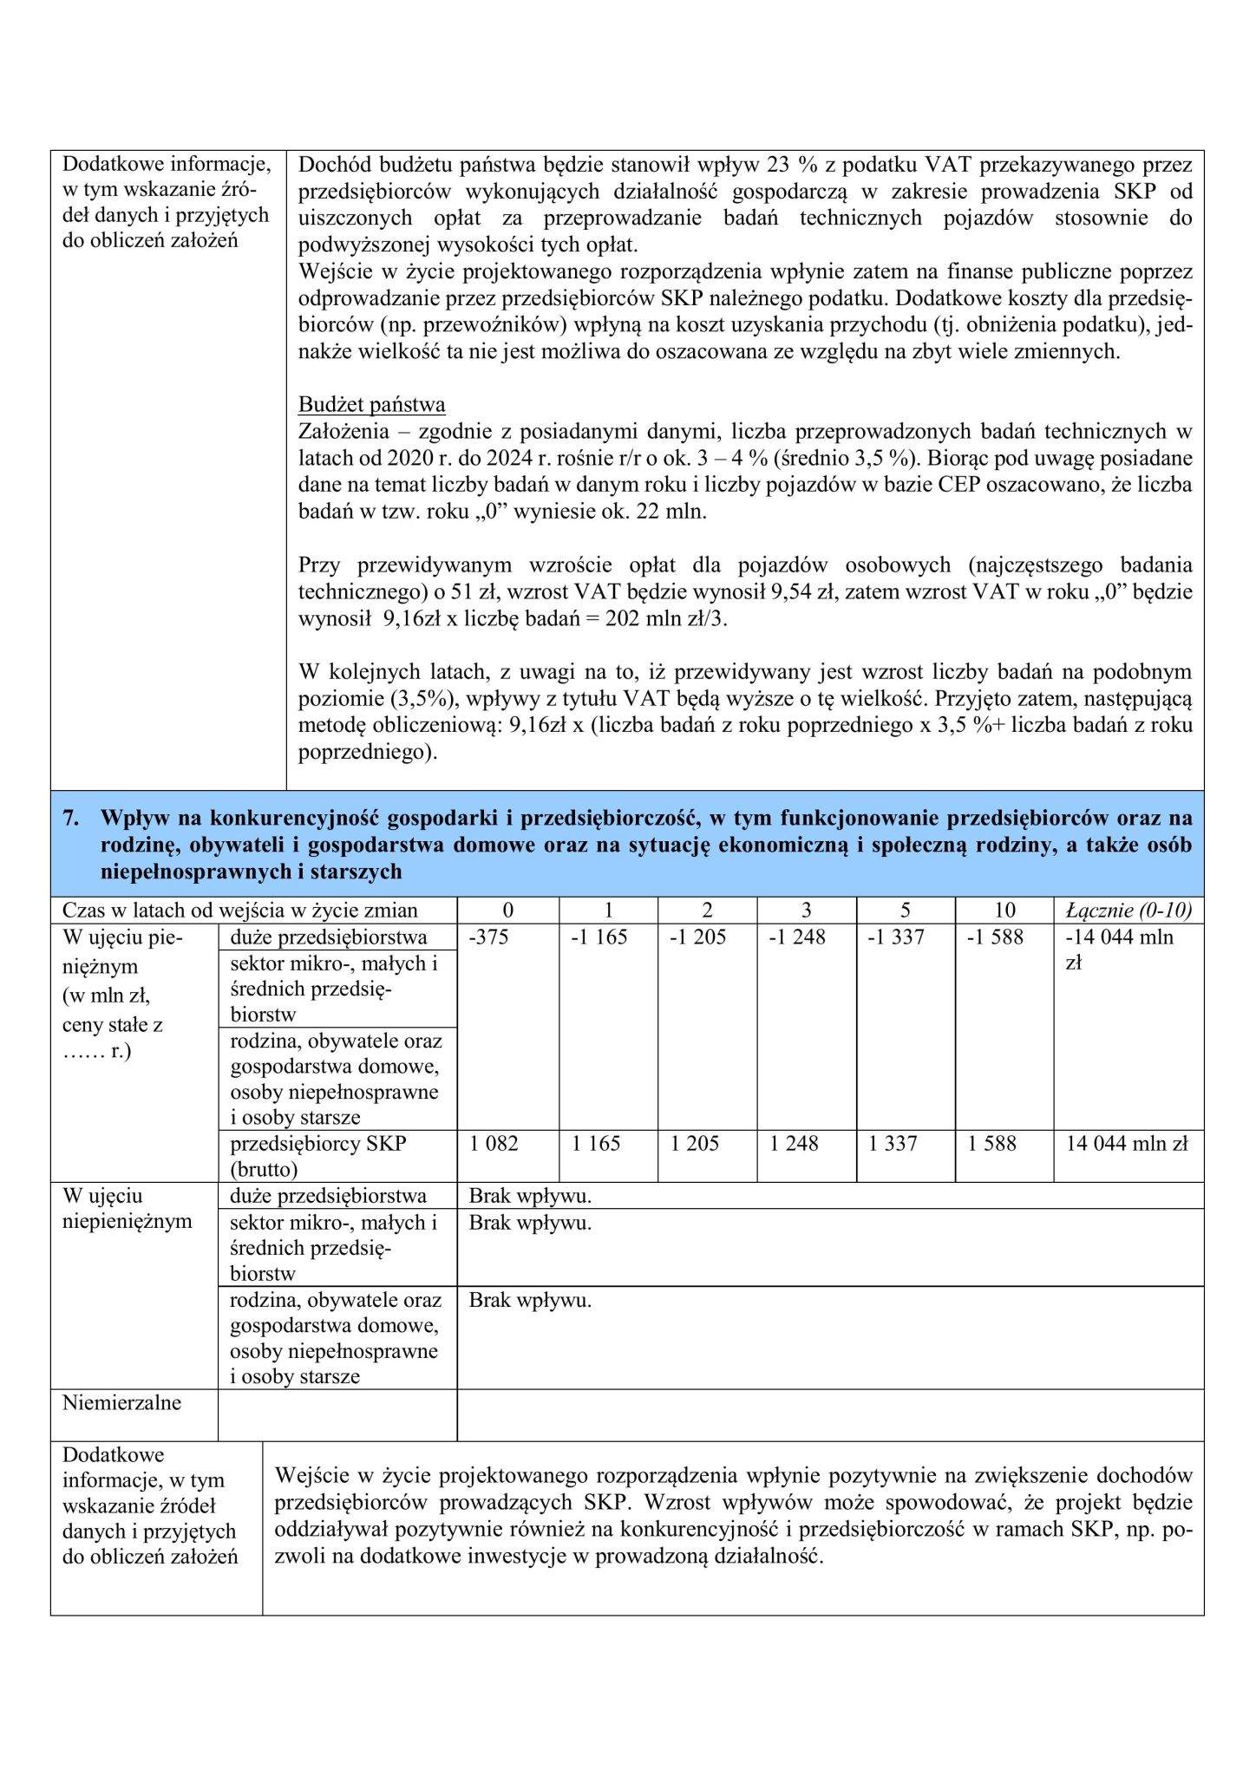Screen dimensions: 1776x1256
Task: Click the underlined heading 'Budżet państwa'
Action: tap(371, 405)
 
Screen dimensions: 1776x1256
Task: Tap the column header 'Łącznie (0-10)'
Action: tap(1128, 910)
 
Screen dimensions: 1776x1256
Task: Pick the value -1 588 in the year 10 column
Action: tap(995, 937)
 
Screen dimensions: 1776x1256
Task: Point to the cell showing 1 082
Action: tap(494, 1143)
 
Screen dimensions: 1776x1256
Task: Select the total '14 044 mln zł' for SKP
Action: tap(1126, 1143)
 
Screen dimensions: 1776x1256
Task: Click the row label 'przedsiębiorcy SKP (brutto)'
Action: tap(317, 1155)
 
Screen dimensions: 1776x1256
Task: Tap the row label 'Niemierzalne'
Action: tap(122, 1402)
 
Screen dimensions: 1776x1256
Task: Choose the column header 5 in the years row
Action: tap(905, 910)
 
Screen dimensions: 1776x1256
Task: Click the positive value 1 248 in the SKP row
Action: tap(794, 1143)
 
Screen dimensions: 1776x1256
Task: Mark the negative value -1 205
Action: tap(698, 937)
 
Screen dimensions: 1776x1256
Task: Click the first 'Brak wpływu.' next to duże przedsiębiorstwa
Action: tap(530, 1196)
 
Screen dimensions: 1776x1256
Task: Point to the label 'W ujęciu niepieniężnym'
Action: tap(127, 1208)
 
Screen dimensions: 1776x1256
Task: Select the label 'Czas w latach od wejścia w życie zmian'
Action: tap(240, 910)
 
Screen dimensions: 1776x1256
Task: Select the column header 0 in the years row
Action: tap(508, 910)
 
